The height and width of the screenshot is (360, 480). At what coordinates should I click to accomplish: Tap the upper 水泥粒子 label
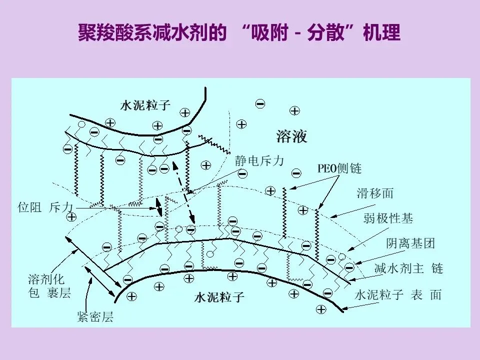pyautogui.click(x=145, y=105)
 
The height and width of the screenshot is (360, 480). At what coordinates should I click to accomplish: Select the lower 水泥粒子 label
pyautogui.click(x=219, y=298)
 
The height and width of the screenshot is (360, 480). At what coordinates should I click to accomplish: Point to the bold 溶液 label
pyautogui.click(x=291, y=136)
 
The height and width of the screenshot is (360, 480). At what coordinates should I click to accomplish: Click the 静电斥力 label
pyautogui.click(x=259, y=160)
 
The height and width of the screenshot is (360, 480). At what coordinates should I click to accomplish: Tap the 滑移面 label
pyautogui.click(x=375, y=193)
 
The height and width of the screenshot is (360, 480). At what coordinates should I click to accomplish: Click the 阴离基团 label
pyautogui.click(x=410, y=243)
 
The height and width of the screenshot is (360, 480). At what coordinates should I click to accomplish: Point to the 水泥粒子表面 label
pyautogui.click(x=398, y=295)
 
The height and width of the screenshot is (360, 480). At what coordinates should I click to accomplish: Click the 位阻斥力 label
pyautogui.click(x=44, y=207)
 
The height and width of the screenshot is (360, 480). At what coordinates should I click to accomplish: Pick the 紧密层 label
pyautogui.click(x=95, y=317)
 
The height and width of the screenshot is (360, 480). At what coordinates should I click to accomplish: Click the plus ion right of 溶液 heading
pyautogui.click(x=295, y=110)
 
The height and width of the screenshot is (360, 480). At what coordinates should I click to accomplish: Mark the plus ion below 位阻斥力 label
pyautogui.click(x=71, y=216)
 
